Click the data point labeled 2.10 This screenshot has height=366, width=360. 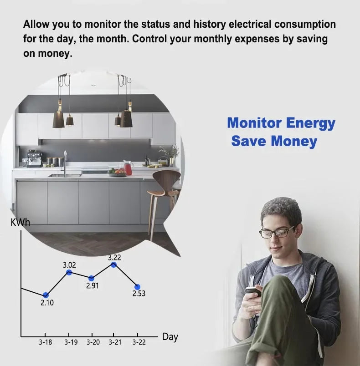pyautogui.click(x=46, y=295)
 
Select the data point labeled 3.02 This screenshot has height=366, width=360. pyautogui.click(x=69, y=272)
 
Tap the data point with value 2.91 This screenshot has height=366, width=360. pyautogui.click(x=92, y=278)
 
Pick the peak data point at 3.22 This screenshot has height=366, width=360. pyautogui.click(x=114, y=264)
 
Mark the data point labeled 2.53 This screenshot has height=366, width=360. pyautogui.click(x=138, y=287)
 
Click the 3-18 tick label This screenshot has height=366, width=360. pyautogui.click(x=45, y=342)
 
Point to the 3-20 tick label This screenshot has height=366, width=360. pyautogui.click(x=93, y=342)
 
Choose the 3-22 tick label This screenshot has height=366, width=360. pyautogui.click(x=139, y=342)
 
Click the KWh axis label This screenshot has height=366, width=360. pyautogui.click(x=20, y=223)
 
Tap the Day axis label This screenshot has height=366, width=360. pyautogui.click(x=170, y=337)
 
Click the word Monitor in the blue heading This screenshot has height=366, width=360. pyautogui.click(x=254, y=123)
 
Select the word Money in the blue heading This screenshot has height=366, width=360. pyautogui.click(x=294, y=141)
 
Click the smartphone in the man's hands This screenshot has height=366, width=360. pyautogui.click(x=253, y=292)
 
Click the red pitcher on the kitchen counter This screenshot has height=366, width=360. pyautogui.click(x=128, y=168)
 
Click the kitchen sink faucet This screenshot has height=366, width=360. pyautogui.click(x=65, y=162)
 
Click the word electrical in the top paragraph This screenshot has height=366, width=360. pyautogui.click(x=244, y=24)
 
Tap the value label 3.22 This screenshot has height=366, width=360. pyautogui.click(x=115, y=258)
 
